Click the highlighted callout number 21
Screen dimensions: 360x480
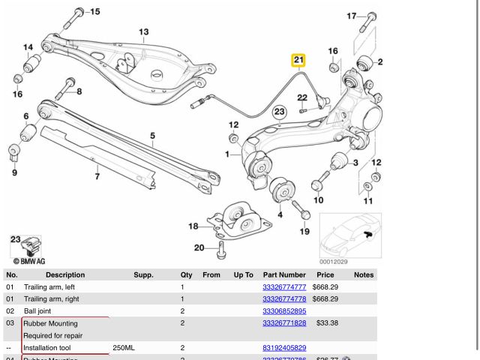pos(298,60)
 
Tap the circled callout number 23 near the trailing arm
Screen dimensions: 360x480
pos(280,112)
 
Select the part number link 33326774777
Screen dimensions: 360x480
pos(284,287)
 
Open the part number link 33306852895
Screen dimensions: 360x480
pos(284,311)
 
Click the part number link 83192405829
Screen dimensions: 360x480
pos(284,348)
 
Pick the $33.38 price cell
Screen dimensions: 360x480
pos(327,323)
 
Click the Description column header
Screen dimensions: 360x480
pos(65,275)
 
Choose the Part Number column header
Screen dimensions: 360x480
pos(284,275)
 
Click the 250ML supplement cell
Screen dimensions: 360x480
pos(124,348)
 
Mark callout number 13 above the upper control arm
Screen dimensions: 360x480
pos(143,31)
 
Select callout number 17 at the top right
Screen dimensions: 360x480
pos(352,16)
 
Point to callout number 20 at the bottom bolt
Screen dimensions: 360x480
pos(199,247)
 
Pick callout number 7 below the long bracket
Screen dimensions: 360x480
pos(97,177)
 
